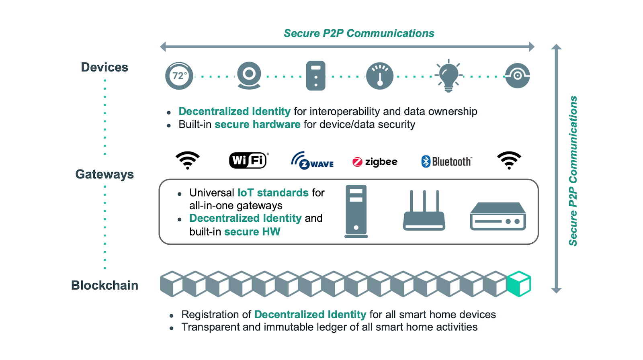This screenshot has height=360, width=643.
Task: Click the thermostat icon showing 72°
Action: [x=179, y=76]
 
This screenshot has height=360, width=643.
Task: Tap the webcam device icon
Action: [x=249, y=76]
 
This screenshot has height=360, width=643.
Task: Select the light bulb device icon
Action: [x=448, y=76]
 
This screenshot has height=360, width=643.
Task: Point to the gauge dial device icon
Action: [x=380, y=76]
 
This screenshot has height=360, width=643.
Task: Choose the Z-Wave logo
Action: [x=312, y=160]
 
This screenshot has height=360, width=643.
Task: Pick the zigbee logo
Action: [x=375, y=162]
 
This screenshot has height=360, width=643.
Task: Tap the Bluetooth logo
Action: [x=446, y=162]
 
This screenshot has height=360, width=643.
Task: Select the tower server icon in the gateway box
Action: [x=356, y=211]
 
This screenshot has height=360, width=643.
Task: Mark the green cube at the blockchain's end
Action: [x=519, y=284]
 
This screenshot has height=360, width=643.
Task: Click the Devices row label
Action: [x=104, y=67]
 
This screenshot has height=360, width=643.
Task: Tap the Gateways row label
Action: [x=104, y=174]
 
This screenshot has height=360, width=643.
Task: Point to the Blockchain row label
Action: [x=104, y=285]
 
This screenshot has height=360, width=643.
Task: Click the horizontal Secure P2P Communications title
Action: [x=359, y=33]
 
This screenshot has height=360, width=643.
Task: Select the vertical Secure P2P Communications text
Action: [x=573, y=171]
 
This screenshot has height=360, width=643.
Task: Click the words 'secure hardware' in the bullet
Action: [x=257, y=125]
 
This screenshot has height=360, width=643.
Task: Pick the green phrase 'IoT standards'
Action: [x=273, y=193]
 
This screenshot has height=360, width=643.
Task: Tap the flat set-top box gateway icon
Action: [x=498, y=217]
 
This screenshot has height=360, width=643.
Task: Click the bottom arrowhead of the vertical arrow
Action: [x=556, y=290]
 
